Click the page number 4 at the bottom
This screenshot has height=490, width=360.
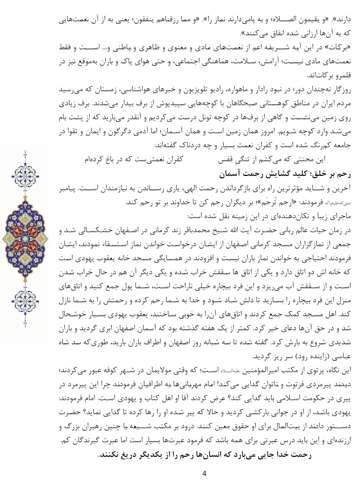point(204,473)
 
